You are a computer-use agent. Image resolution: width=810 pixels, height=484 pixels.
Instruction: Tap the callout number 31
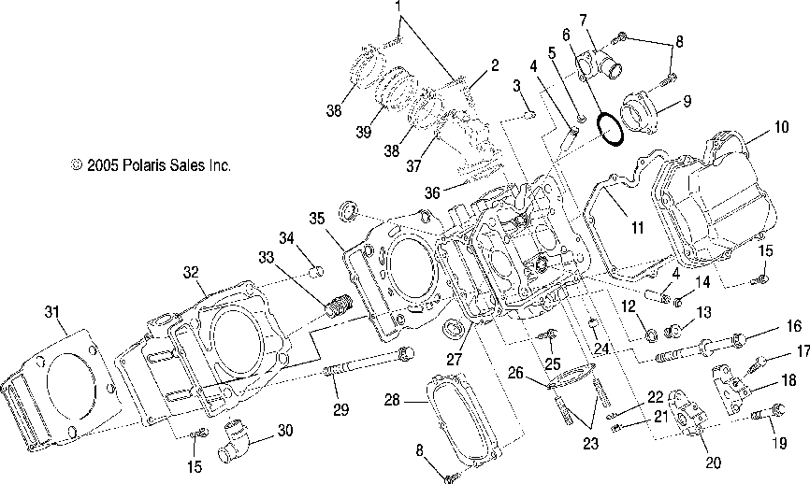pos(51,312)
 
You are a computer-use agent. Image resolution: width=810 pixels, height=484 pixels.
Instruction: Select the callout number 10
pos(781,127)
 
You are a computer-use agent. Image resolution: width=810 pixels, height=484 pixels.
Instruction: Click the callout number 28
pos(393,399)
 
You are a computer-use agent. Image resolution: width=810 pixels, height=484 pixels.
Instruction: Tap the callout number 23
pos(590,443)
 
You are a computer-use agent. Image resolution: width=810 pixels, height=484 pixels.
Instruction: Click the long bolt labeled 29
pos(369,362)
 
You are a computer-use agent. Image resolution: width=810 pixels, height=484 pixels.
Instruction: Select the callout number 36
pos(432,193)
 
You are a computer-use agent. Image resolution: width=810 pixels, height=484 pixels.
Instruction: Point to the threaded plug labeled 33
pos(339,305)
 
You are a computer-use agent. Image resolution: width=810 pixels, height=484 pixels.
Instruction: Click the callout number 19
pos(779,443)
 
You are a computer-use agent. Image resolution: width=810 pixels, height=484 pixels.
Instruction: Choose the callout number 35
pos(317,219)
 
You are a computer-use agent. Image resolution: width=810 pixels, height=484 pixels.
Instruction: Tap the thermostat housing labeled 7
pos(600,64)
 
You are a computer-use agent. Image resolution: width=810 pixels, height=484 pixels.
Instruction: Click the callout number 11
pos(638,227)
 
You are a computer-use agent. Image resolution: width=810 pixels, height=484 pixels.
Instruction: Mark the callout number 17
pos(803,351)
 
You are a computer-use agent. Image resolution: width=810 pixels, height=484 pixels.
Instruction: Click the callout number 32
pos(191,272)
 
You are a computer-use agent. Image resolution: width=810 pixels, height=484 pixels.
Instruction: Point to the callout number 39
pos(364,132)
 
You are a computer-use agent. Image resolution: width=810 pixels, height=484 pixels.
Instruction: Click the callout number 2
pos(495,65)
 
